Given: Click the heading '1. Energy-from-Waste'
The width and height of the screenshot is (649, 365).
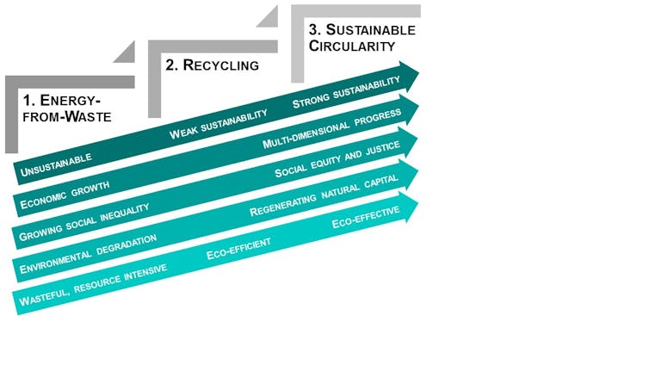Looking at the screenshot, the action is [67, 108].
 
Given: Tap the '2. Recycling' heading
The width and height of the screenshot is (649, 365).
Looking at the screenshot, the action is [213, 65].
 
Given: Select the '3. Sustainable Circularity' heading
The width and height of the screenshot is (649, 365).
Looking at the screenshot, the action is [362, 38].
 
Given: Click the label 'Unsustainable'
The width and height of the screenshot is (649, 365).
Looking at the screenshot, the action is [56, 165].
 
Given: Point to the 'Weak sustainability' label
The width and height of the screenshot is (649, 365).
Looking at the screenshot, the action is [218, 124].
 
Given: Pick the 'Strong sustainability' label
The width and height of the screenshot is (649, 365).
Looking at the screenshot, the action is [346, 92].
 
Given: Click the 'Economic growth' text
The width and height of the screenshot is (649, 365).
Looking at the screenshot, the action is [65, 195].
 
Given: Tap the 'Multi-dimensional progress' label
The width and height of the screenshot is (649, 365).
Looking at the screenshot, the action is [332, 128].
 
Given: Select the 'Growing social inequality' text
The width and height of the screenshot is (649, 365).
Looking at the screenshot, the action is [84, 222].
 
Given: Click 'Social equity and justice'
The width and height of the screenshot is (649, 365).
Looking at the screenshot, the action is [337, 159].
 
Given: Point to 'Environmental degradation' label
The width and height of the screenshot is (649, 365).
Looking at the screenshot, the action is [88, 254].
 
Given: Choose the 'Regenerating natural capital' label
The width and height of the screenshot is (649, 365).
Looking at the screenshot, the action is [324, 195].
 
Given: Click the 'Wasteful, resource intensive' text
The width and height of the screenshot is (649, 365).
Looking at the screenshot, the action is [93, 285].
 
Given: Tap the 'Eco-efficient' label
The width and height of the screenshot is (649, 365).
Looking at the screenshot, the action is [238, 249].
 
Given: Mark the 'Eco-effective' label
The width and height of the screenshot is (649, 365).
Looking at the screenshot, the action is [366, 217].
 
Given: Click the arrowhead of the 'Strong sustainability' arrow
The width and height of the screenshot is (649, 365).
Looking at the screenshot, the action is [410, 77].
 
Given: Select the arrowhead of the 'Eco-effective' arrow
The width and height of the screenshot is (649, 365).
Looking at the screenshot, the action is [409, 207].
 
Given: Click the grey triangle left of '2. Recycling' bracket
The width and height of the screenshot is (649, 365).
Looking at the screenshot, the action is [124, 53].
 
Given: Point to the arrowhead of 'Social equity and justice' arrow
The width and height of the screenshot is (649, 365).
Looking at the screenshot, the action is [408, 142].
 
